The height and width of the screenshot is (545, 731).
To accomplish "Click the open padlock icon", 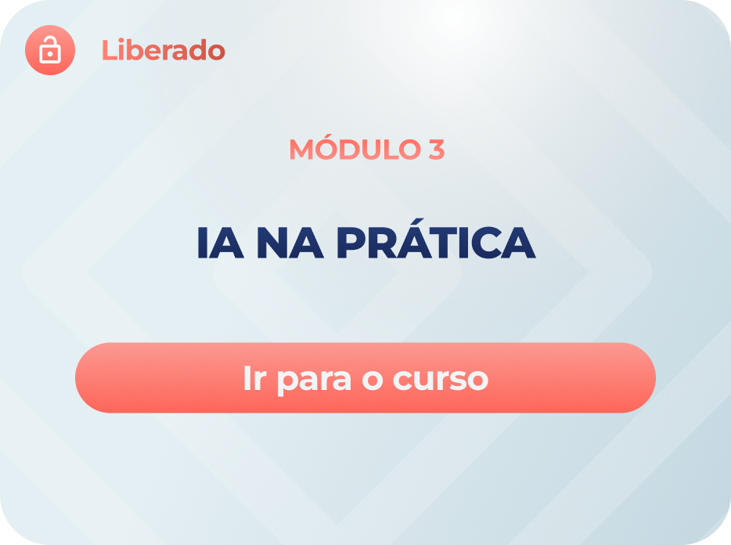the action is pyautogui.click(x=50, y=50).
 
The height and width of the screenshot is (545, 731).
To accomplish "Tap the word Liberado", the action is pyautogui.click(x=163, y=50).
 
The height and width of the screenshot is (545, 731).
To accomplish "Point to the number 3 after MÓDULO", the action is pyautogui.click(x=437, y=150).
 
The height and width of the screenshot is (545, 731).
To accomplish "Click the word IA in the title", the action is pyautogui.click(x=220, y=243).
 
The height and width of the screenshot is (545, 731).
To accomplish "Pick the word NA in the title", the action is pyautogui.click(x=290, y=243).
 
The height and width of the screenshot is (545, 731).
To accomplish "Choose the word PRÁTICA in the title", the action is pyautogui.click(x=437, y=238).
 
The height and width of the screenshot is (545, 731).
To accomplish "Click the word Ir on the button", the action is pyautogui.click(x=254, y=378).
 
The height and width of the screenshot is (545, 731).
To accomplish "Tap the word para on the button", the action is pyautogui.click(x=314, y=381).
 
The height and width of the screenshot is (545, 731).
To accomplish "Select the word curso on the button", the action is pyautogui.click(x=441, y=379).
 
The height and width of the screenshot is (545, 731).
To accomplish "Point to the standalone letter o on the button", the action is pyautogui.click(x=373, y=380).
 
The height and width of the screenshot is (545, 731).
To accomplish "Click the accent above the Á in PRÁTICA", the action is pyautogui.click(x=418, y=222).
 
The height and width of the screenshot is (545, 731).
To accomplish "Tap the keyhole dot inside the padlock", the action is pyautogui.click(x=50, y=54).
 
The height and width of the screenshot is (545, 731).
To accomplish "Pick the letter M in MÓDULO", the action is pyautogui.click(x=301, y=150).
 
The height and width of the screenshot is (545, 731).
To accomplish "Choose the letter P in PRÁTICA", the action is pyautogui.click(x=351, y=243).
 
